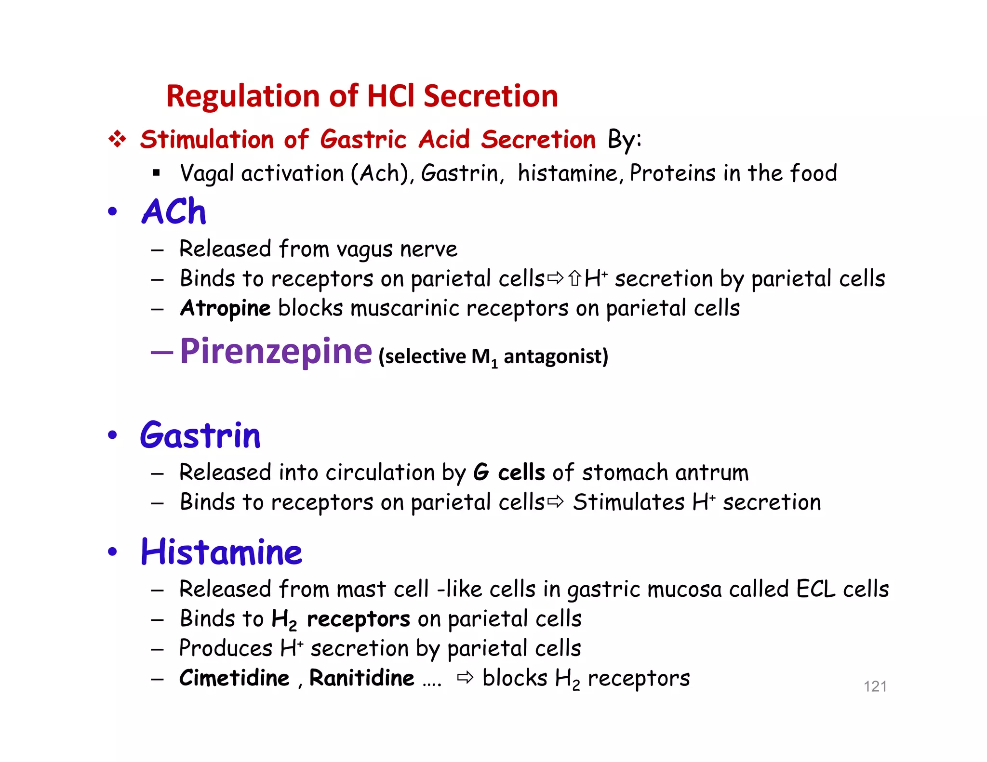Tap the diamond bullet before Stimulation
click(117, 140)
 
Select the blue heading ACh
click(174, 212)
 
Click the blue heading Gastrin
click(200, 435)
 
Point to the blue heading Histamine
click(221, 552)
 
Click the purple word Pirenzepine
click(276, 352)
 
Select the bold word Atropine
click(225, 308)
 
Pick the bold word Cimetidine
click(234, 678)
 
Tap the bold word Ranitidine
click(361, 678)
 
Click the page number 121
click(875, 686)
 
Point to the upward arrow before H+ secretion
click(574, 278)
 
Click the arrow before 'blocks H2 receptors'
click(466, 678)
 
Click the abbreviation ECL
click(815, 589)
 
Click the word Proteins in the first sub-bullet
click(672, 173)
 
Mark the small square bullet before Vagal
click(156, 173)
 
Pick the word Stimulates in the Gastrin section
click(628, 502)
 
